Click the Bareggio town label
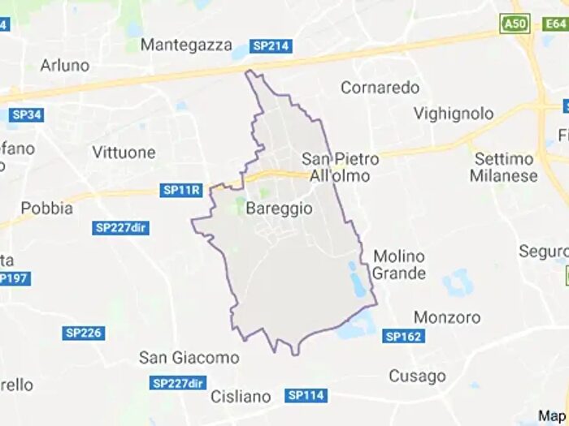pyautogui.click(x=278, y=209)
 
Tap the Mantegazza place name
pyautogui.click(x=186, y=45)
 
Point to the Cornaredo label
pyautogui.click(x=380, y=87)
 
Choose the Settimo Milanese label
pyautogui.click(x=504, y=167)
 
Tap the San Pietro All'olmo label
pyautogui.click(x=340, y=167)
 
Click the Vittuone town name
pyautogui.click(x=124, y=152)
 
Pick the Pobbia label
pyautogui.click(x=46, y=208)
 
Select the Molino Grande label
pyautogui.click(x=399, y=265)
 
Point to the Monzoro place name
pyautogui.click(x=447, y=317)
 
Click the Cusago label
pyautogui.click(x=417, y=376)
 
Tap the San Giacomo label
pyautogui.click(x=189, y=357)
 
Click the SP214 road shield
pyautogui.click(x=271, y=46)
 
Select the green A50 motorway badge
pyautogui.click(x=515, y=24)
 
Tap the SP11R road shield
pyautogui.click(x=180, y=190)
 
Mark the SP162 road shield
pyautogui.click(x=404, y=336)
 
